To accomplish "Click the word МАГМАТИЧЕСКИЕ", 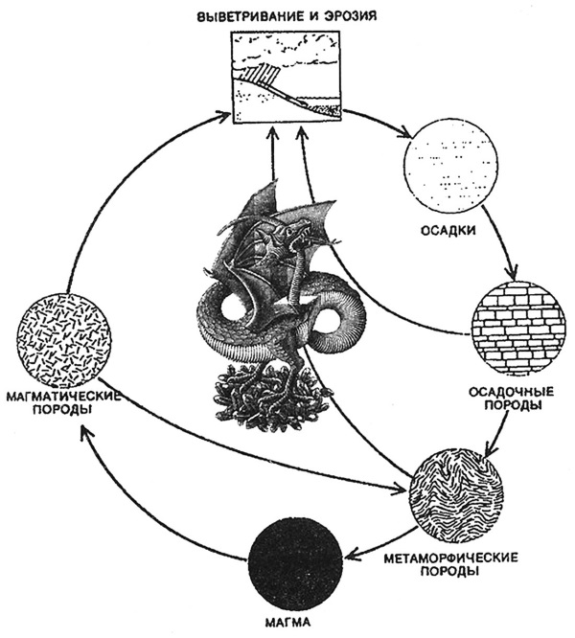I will coord(61,395).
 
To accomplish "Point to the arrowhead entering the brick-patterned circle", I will coord(515,277).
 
